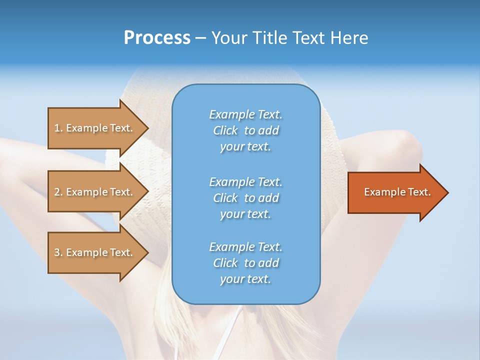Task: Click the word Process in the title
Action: coord(157,38)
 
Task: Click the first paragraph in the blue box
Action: coord(245,130)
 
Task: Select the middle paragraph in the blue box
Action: coord(245,197)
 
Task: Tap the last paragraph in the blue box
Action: coord(245,263)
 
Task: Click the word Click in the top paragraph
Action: coord(225,130)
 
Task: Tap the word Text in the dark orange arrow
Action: coord(417,192)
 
